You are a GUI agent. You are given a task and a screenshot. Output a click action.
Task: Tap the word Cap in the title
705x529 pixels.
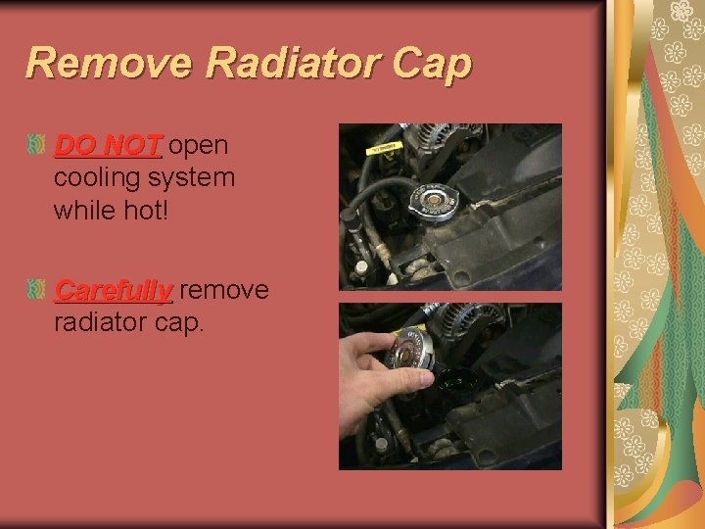pos(432,65)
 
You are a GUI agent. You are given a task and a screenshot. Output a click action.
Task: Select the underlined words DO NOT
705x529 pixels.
pos(107,146)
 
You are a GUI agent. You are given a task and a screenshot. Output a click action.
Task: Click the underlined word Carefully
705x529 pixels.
pos(113,291)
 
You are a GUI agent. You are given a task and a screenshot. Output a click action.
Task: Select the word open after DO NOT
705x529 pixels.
pos(199,147)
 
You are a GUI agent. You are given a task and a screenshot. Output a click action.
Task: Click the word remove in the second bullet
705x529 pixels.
pos(224,291)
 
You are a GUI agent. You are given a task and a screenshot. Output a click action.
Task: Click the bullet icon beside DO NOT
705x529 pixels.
pos(35,146)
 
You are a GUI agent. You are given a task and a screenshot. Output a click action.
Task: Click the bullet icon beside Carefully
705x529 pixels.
pos(35,290)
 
